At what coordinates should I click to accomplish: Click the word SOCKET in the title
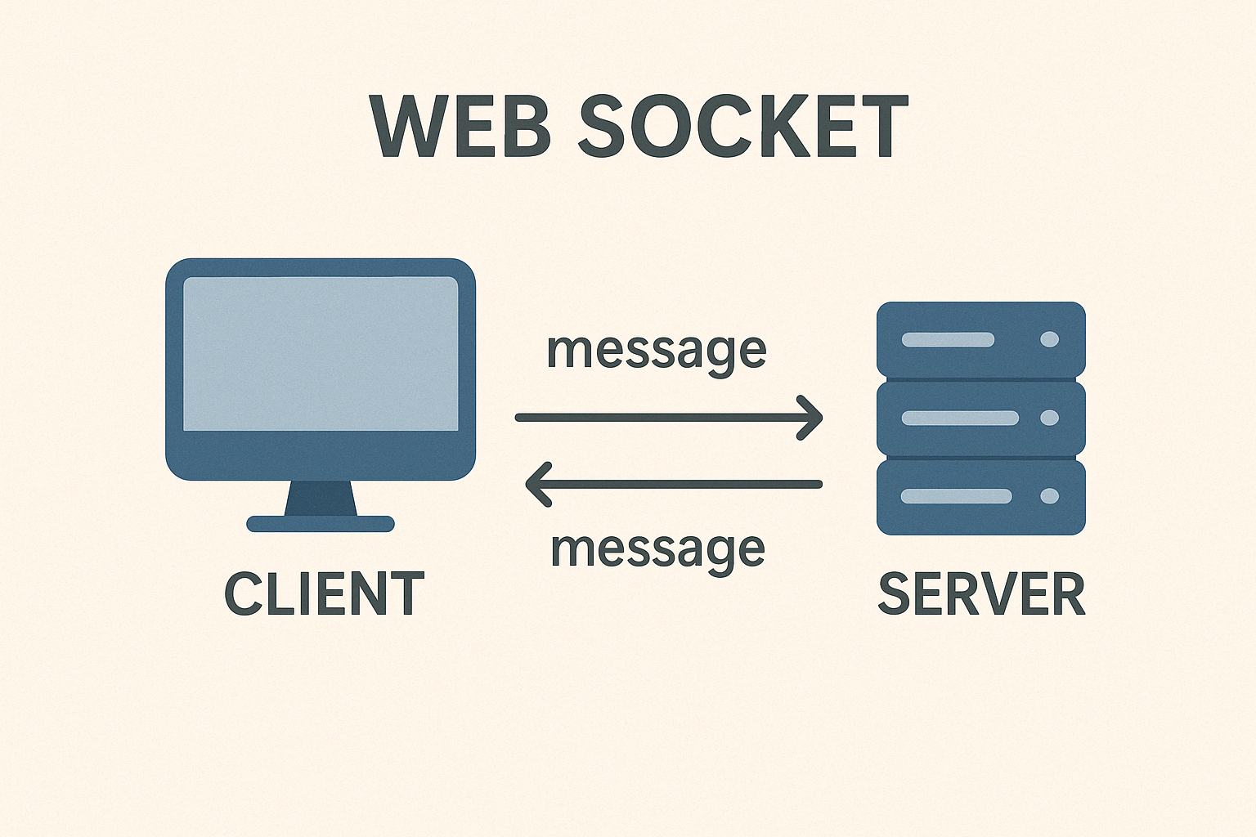pos(743,128)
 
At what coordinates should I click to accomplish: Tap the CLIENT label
pos(324,594)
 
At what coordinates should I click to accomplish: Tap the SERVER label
pos(981,594)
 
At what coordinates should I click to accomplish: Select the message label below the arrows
pos(658,550)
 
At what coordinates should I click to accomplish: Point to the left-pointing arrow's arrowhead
pos(536,484)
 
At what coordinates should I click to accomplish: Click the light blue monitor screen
pos(321,353)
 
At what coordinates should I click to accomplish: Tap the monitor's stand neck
pos(321,498)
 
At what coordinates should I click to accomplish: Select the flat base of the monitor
pos(321,524)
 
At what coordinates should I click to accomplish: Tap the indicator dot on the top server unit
pos(1049,339)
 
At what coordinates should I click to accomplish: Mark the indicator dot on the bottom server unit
pos(1049,496)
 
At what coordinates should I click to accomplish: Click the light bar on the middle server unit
pos(960,418)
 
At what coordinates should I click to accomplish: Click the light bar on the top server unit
pos(948,339)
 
